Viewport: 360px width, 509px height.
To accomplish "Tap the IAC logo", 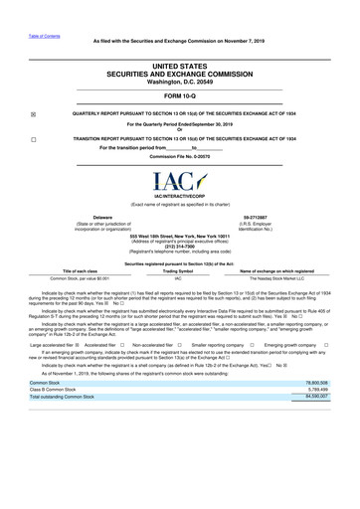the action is [179, 182].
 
